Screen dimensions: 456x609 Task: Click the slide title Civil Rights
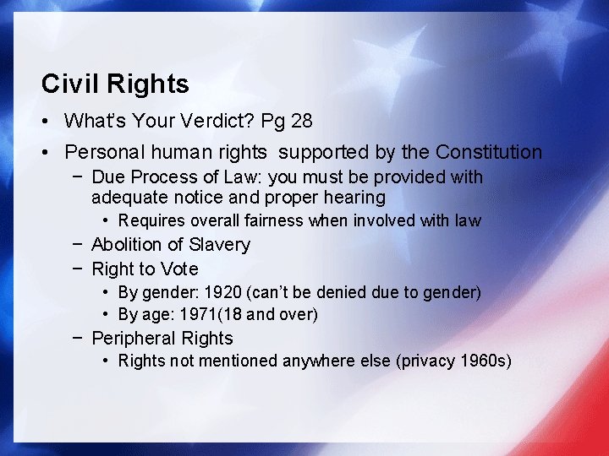pos(115,84)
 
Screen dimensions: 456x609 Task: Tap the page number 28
pos(301,122)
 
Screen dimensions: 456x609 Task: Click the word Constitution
pos(489,153)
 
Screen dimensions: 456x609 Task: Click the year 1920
pos(228,293)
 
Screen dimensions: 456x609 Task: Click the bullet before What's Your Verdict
pos(47,122)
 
